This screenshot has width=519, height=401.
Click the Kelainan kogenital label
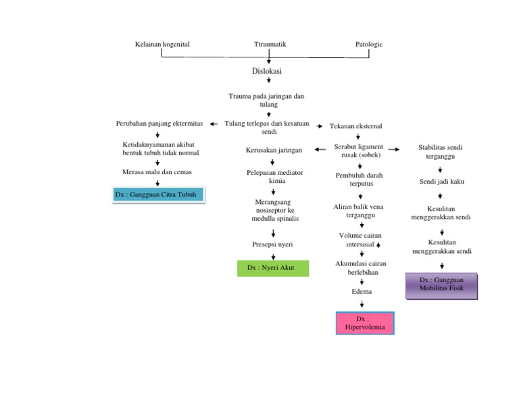click(162, 44)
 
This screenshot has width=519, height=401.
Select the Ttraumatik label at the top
click(270, 44)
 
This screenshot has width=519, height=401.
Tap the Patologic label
click(369, 44)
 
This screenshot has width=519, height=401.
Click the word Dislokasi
click(267, 70)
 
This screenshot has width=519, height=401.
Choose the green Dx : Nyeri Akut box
click(274, 267)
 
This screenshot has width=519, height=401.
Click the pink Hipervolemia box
click(365, 323)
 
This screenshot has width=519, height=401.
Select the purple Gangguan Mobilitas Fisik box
click(441, 286)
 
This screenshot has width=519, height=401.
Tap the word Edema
click(362, 292)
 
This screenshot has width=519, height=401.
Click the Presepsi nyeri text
click(273, 244)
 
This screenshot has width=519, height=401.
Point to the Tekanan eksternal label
click(355, 126)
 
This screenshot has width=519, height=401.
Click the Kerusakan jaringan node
click(274, 150)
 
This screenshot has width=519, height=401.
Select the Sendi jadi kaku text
click(441, 182)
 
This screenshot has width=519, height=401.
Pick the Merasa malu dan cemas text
click(157, 172)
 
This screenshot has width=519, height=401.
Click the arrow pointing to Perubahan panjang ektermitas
click(214, 124)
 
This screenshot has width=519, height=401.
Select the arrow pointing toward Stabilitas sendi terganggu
click(395, 149)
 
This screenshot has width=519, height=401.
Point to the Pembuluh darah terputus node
click(359, 180)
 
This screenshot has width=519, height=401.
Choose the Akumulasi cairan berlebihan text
click(361, 268)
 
